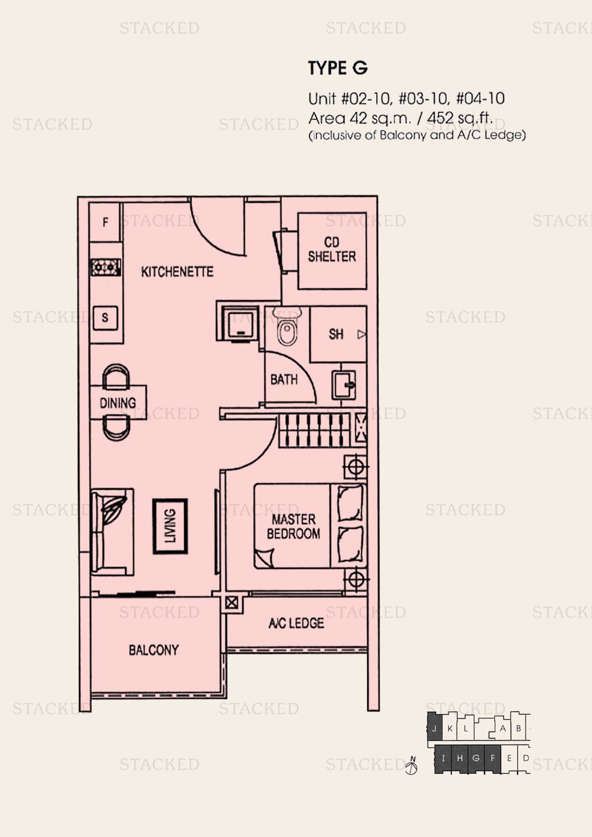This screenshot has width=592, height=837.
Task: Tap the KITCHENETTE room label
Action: tap(177, 272)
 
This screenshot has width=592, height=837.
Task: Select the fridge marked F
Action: tap(105, 222)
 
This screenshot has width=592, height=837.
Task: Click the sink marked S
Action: tap(105, 318)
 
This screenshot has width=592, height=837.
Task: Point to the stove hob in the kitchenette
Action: tap(105, 267)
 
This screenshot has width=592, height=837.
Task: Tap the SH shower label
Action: tap(336, 334)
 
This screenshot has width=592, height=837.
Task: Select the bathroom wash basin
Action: tap(343, 385)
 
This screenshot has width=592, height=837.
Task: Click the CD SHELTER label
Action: tap(332, 249)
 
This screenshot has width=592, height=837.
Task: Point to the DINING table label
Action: tap(118, 403)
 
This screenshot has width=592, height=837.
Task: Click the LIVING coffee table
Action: tap(170, 526)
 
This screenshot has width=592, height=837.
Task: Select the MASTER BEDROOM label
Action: tap(293, 526)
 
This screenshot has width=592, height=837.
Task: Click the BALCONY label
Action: tap(154, 650)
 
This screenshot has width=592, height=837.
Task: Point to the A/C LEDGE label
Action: tap(296, 623)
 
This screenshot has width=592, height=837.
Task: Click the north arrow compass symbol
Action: tap(412, 765)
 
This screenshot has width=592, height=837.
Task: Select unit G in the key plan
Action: tap(476, 758)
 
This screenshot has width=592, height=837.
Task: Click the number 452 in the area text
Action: tap(440, 118)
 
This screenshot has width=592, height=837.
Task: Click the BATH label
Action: tap(284, 379)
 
